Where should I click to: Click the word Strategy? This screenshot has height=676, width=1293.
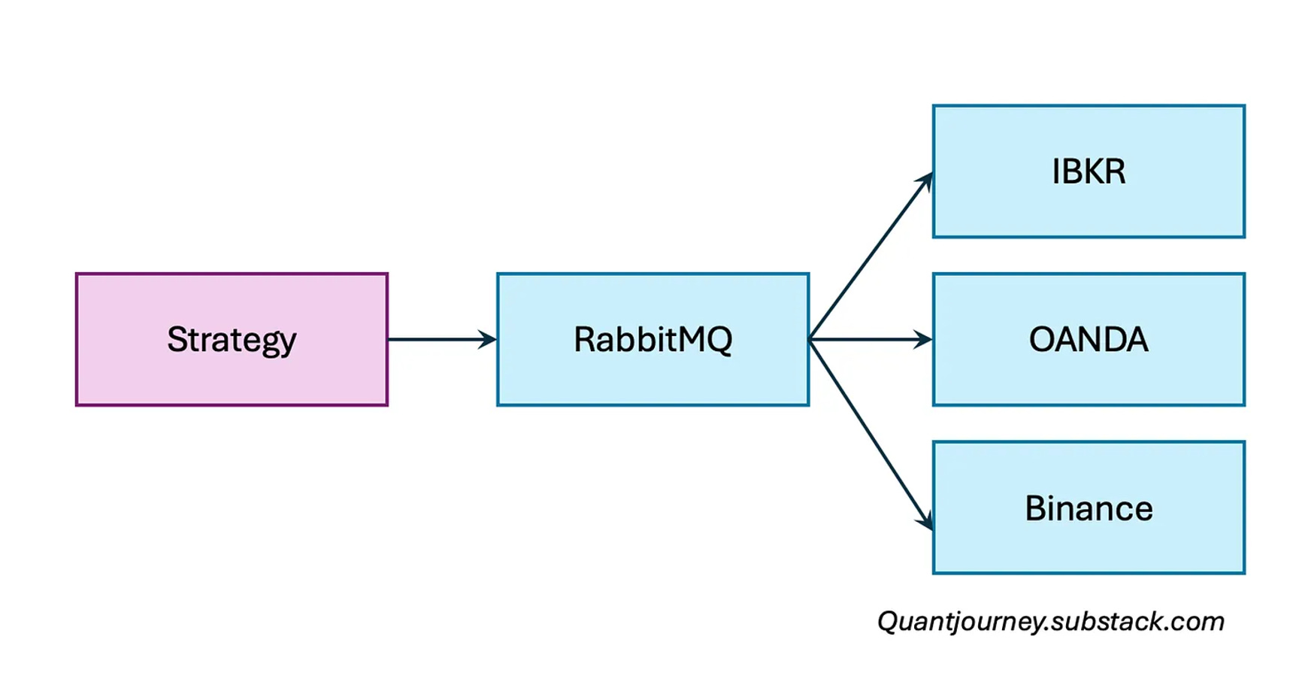232,340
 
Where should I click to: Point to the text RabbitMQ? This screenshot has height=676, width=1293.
653,339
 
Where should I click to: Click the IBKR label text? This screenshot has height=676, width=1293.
1089,171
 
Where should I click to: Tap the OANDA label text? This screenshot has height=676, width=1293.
1089,339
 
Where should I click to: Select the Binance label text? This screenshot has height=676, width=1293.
1089,508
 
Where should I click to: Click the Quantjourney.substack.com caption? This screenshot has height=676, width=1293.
1050,621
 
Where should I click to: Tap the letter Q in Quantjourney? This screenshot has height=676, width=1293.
888,622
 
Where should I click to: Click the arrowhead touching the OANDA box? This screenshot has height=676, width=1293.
924,339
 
